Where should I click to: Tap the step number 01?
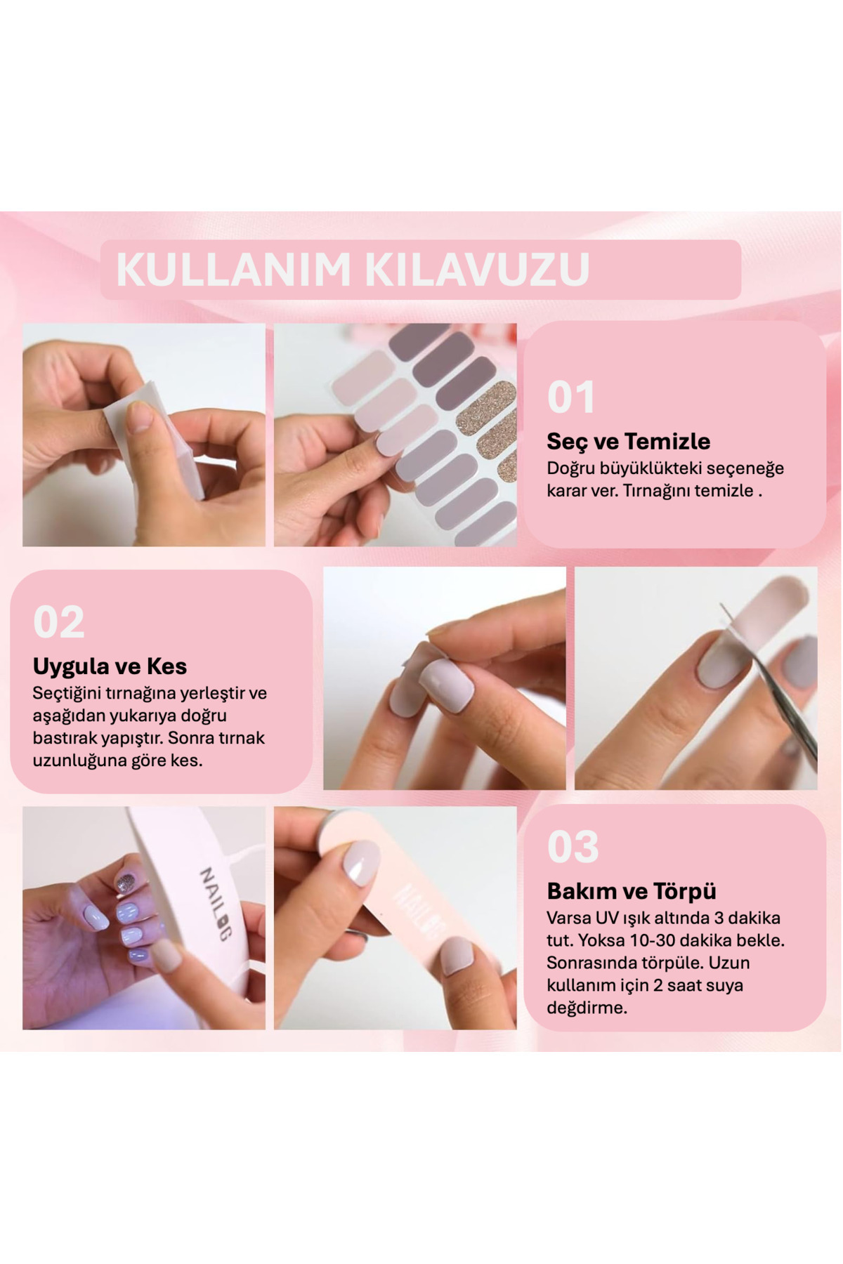[x=571, y=397]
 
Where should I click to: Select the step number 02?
[x=59, y=622]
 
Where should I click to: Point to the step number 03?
[x=573, y=847]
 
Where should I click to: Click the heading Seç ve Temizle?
[x=629, y=441]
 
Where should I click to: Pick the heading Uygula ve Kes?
[x=110, y=666]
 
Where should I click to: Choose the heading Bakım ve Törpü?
[x=632, y=891]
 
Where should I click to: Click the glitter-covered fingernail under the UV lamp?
[x=126, y=883]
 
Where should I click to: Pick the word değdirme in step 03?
[x=586, y=1008]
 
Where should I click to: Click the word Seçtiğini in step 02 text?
[x=67, y=694]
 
